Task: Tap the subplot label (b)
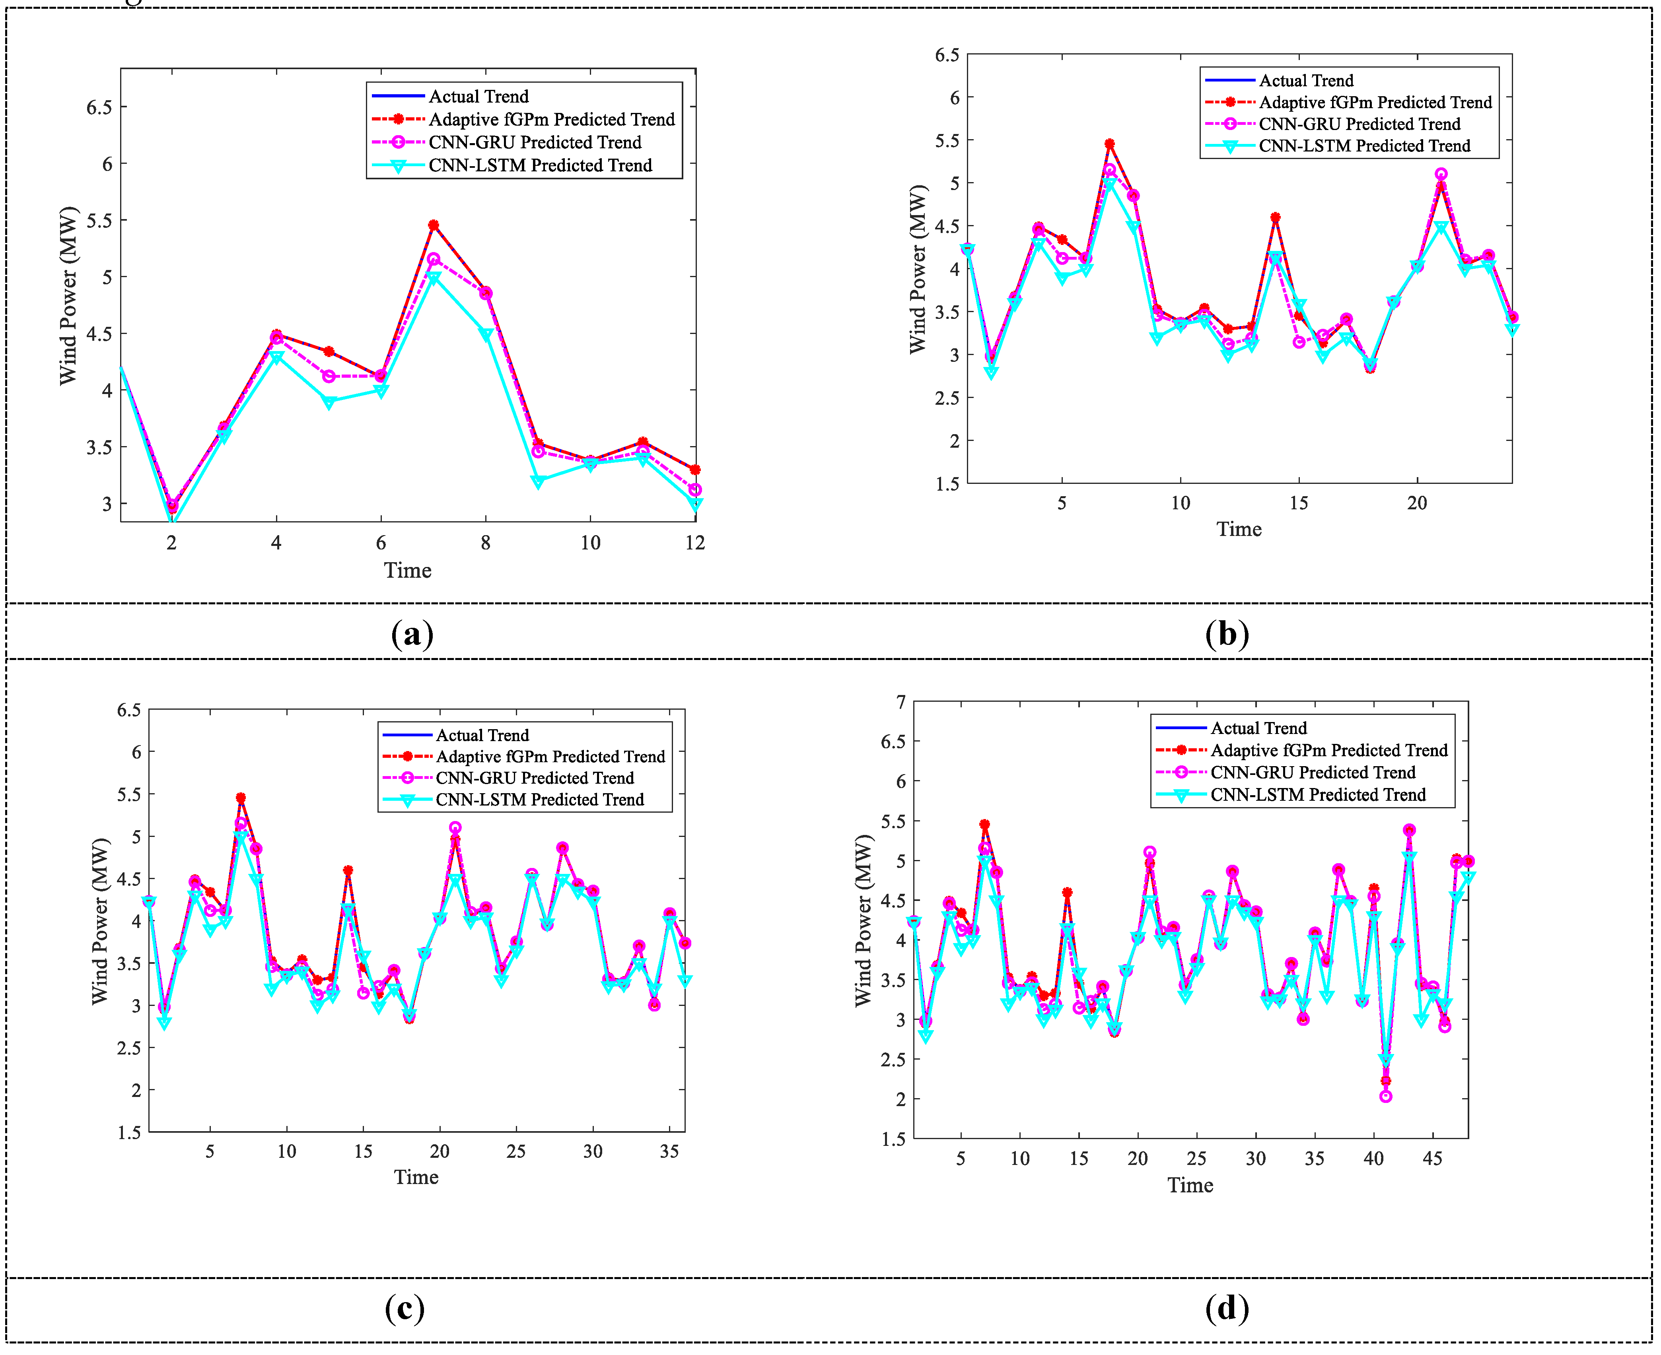pos(1227,634)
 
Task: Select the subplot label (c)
pos(405,1308)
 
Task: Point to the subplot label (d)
pos(1227,1308)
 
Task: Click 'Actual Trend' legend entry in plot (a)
pos(478,96)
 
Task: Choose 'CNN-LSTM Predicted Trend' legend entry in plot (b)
pos(1363,146)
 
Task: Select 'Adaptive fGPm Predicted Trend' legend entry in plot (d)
pos(1328,750)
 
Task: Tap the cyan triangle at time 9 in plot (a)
pos(538,481)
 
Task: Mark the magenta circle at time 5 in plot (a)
pos(329,376)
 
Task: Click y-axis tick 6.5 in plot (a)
pos(99,107)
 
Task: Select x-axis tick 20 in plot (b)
pos(1416,503)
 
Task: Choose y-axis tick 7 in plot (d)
pos(901,703)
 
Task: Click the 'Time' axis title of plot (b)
pos(1239,529)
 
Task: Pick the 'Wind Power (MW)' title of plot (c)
pos(100,921)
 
